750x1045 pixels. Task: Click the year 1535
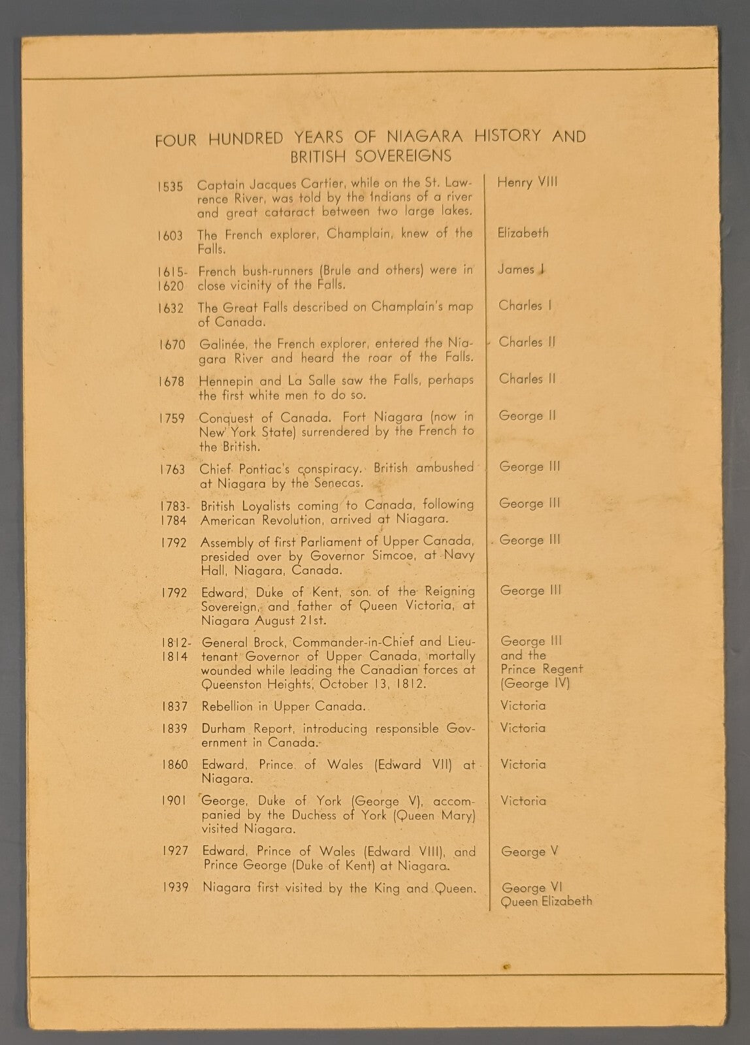point(170,187)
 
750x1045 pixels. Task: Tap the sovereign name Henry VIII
point(527,182)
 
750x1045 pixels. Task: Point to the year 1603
point(170,236)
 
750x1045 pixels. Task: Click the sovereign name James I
point(521,269)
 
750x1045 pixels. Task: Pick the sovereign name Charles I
point(525,306)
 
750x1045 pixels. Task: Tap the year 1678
point(171,381)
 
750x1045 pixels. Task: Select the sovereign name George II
point(527,415)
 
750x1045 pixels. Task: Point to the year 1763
point(172,469)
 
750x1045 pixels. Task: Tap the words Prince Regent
point(542,669)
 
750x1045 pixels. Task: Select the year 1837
point(174,706)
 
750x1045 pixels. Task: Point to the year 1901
point(175,801)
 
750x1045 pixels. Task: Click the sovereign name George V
point(529,852)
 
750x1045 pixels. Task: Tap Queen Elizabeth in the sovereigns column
point(546,902)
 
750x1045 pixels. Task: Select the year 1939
point(176,888)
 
